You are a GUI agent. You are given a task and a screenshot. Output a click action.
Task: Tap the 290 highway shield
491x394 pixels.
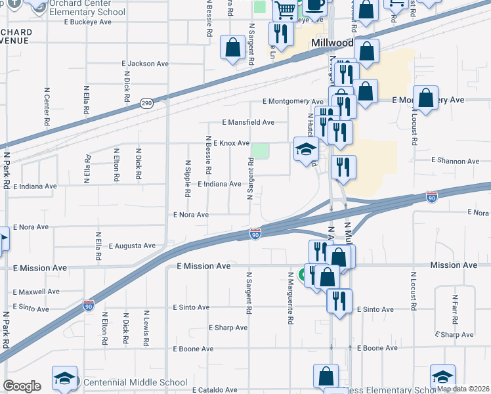click(146, 104)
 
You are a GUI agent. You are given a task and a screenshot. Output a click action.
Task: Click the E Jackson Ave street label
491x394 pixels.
click(146, 64)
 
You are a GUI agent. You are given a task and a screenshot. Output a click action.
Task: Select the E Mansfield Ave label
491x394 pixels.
click(248, 122)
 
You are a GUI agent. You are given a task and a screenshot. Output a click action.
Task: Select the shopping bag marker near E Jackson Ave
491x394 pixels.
click(232, 47)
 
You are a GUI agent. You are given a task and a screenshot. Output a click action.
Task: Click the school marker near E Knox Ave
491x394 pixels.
click(305, 150)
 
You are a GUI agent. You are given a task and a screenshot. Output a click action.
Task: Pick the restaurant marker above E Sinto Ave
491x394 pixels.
click(339, 300)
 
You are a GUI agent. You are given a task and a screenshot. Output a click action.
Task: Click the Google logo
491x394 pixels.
click(22, 386)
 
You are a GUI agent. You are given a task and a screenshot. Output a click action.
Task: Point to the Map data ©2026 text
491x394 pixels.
click(463, 389)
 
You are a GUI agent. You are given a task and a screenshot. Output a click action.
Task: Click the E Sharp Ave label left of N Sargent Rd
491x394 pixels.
click(228, 328)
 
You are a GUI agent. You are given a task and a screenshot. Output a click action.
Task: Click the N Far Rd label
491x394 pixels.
click(454, 309)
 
